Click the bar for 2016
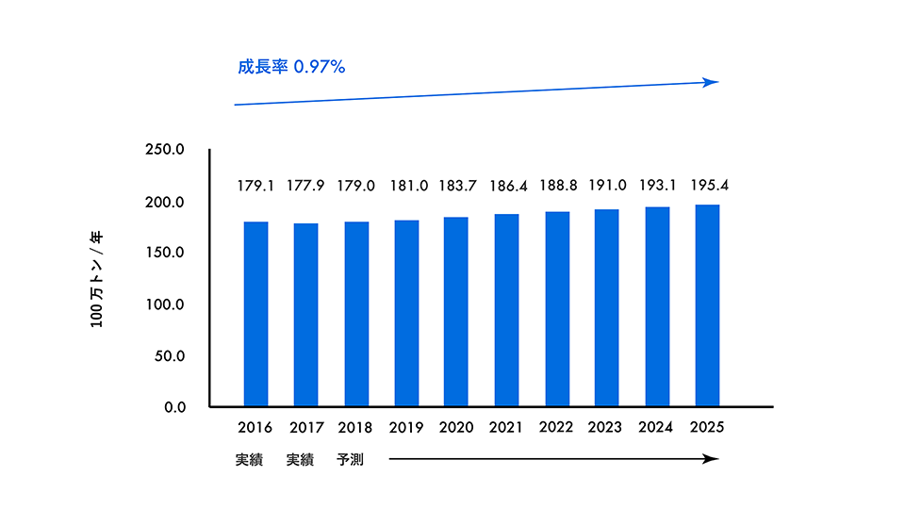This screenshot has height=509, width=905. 255,314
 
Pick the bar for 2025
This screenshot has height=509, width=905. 707,305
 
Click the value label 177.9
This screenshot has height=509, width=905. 305,186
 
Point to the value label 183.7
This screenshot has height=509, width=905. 456,186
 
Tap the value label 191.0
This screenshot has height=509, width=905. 607,186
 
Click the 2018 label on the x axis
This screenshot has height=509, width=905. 355,428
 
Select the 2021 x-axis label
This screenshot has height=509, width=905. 506,428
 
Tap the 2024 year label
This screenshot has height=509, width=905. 657,428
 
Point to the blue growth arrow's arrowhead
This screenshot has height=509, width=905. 714,83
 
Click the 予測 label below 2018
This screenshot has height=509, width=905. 350,460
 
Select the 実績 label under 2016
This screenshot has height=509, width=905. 250,460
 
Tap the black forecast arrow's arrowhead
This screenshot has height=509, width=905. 715,459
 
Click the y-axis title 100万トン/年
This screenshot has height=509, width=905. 98,280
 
